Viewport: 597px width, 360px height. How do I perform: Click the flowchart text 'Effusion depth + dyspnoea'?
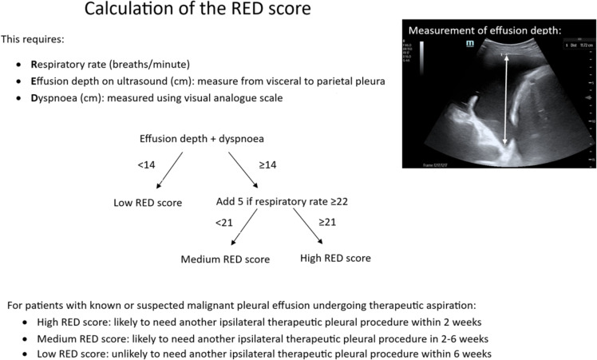point(203,137)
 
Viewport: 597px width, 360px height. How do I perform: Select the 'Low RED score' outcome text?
point(148,202)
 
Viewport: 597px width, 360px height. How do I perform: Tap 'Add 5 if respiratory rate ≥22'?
point(282,201)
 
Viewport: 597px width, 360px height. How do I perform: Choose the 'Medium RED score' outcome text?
point(225,259)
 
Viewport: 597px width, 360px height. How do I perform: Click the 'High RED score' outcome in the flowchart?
point(335,259)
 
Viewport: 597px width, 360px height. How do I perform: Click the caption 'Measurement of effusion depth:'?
point(485,30)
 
